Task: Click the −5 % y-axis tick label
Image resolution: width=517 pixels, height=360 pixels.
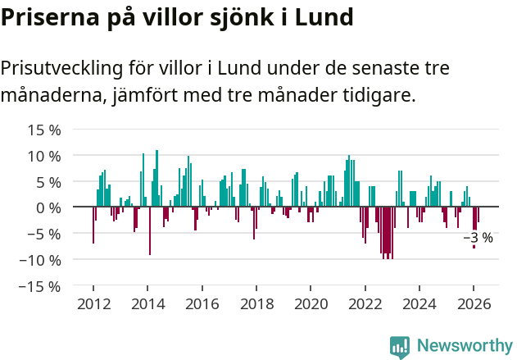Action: pos(43,234)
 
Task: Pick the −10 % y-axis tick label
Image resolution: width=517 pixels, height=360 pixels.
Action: pos(39,260)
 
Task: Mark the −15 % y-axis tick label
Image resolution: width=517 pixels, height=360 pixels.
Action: pos(39,286)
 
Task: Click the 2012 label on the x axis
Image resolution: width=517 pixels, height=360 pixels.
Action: pos(93,304)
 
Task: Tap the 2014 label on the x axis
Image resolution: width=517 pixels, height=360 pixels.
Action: pos(147,304)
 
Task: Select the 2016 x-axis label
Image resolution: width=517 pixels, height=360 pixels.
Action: pos(202,304)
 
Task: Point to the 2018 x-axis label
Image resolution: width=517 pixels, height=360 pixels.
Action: pos(256,304)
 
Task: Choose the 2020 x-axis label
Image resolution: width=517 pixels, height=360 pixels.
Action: pos(311,304)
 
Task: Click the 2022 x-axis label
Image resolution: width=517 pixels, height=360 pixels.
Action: pos(365,304)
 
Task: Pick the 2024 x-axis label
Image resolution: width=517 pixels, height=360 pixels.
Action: pos(419,304)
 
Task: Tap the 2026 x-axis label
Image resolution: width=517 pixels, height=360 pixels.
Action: pos(474,304)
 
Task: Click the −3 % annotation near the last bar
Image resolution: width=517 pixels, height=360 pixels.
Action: pos(478,238)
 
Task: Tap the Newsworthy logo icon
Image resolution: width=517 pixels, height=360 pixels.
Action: pos(400,347)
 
